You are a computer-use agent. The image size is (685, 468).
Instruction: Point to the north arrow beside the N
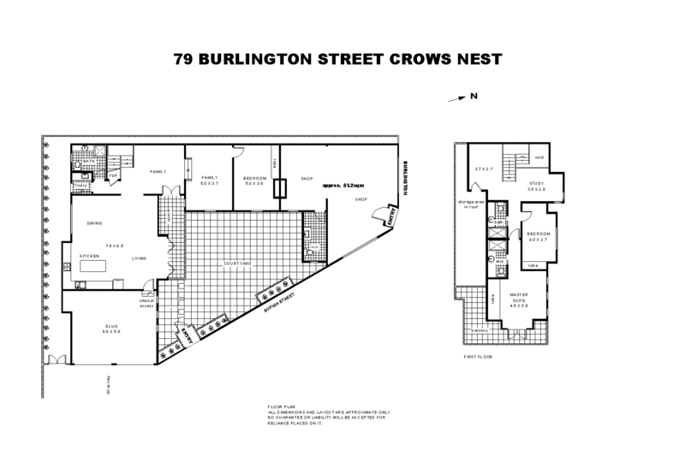[459, 99]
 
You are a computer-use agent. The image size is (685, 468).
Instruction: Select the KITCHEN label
[91, 255]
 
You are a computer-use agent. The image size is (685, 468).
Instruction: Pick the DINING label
[95, 223]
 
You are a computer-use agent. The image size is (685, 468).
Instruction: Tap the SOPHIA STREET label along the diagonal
[280, 301]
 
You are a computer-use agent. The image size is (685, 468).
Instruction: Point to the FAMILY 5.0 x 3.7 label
[210, 180]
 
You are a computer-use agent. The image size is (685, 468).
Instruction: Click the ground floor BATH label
[88, 160]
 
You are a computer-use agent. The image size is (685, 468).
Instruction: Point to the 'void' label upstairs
[539, 157]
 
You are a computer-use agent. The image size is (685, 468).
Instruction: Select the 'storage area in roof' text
[469, 204]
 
